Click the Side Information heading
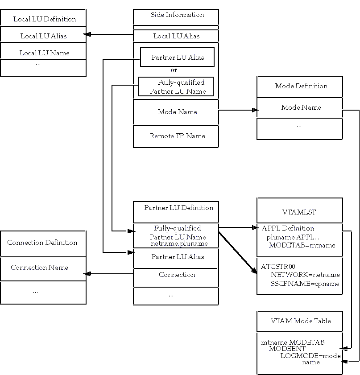pos(177,15)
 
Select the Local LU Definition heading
pos(45,19)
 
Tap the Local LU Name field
pos(45,53)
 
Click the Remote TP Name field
pos(178,136)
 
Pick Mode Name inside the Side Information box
pos(177,112)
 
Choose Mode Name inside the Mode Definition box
pos(301,107)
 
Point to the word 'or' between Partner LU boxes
pos(174,70)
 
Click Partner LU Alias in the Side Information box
pos(178,58)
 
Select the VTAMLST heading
pos(300,213)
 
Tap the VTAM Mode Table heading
pos(301,321)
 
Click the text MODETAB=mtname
pos(302,245)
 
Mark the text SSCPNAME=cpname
pos(305,284)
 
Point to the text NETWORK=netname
pos(305,275)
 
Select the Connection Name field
pos(40,268)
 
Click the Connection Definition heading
pos(42,243)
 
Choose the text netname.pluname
pos(179,244)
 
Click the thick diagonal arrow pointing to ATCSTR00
pos(238,252)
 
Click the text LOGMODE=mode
pos(310,355)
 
